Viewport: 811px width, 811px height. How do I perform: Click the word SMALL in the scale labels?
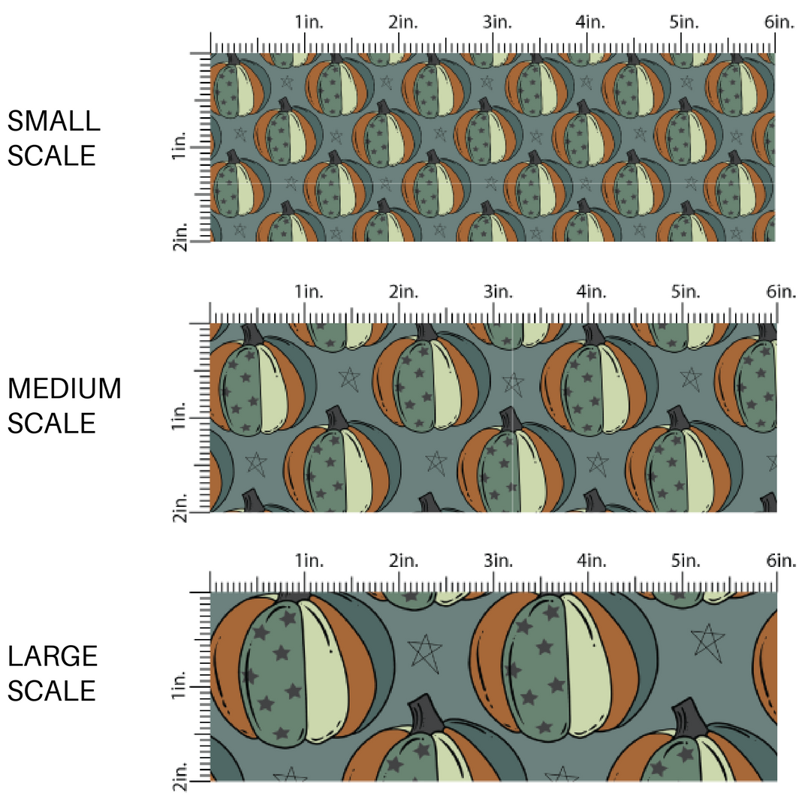click(x=54, y=121)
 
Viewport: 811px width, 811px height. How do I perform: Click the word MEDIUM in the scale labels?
click(x=65, y=388)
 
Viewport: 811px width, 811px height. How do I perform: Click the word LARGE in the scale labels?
click(x=53, y=656)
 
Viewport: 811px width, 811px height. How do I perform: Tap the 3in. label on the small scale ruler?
click(x=498, y=23)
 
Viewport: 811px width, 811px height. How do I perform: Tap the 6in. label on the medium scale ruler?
click(x=781, y=291)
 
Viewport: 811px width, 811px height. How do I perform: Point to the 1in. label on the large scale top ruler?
click(x=309, y=560)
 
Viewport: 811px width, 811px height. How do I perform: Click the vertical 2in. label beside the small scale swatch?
click(x=179, y=237)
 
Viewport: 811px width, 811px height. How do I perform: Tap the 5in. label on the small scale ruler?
click(x=684, y=23)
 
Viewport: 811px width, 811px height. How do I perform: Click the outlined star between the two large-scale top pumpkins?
click(x=424, y=653)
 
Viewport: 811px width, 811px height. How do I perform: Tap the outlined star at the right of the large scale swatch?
click(x=708, y=643)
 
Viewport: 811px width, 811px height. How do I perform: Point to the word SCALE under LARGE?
click(x=52, y=691)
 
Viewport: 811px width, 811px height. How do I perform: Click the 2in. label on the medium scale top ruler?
click(x=404, y=291)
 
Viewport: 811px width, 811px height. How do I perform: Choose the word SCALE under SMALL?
click(x=52, y=155)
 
